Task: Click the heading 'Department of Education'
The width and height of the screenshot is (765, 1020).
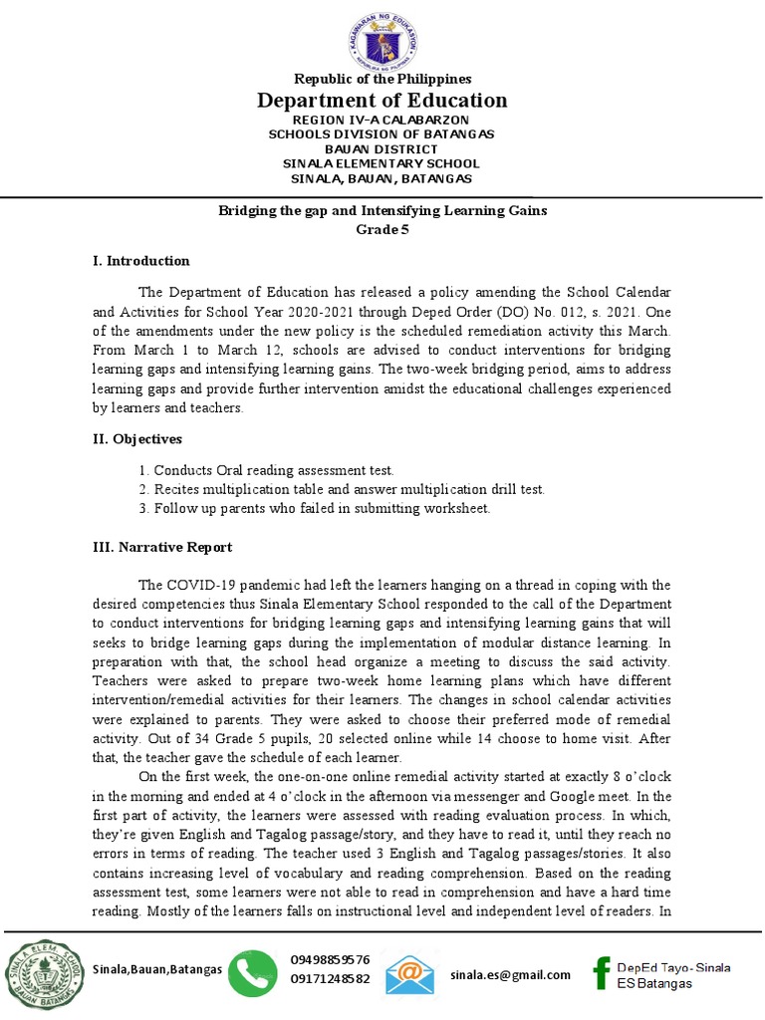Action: [382, 100]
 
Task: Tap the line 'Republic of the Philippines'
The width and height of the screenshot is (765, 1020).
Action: [382, 79]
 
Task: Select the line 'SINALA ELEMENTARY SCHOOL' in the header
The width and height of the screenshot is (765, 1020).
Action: [382, 163]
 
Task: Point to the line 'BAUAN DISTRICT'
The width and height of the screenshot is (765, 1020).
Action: [382, 148]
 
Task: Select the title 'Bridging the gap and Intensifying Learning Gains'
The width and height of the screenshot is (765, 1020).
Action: [382, 211]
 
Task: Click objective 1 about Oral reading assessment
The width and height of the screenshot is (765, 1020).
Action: [267, 470]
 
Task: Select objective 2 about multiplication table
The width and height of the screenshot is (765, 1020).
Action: [342, 489]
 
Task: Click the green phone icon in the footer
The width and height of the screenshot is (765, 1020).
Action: [254, 973]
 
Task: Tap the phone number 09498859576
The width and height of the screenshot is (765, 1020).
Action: [330, 960]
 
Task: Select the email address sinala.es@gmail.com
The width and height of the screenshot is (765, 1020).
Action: [510, 974]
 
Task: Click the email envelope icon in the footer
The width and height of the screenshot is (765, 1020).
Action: [410, 973]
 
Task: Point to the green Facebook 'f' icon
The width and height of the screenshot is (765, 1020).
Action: [601, 973]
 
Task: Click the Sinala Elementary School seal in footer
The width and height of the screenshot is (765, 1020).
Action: [40, 973]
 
